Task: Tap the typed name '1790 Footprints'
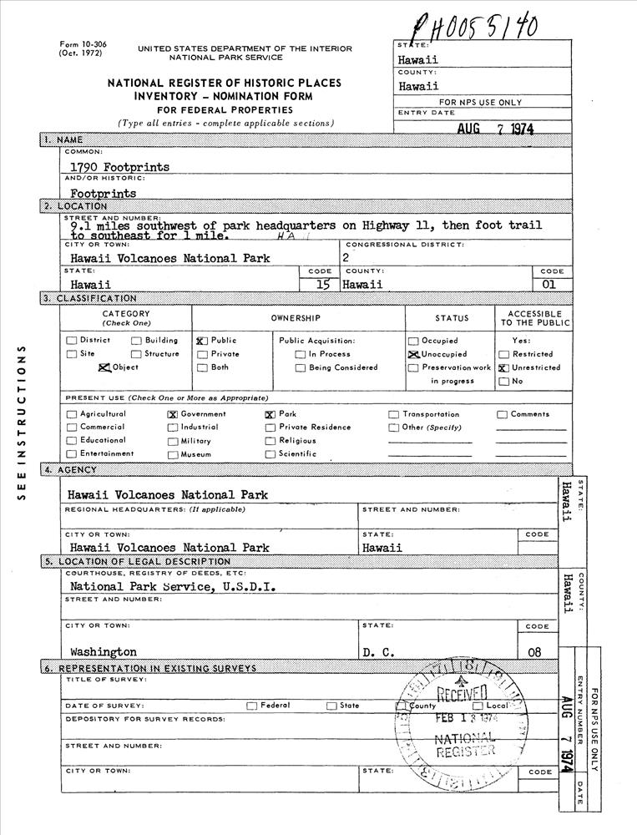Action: click(119, 167)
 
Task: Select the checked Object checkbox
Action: click(104, 367)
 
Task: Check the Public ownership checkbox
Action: click(201, 341)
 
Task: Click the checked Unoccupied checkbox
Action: click(412, 354)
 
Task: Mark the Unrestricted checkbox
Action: click(503, 367)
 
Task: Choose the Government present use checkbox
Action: click(173, 414)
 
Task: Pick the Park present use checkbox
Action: click(270, 414)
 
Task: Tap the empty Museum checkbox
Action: click(173, 454)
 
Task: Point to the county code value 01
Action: click(552, 285)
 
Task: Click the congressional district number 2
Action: click(346, 258)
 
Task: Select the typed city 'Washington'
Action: click(104, 651)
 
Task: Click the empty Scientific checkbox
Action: click(270, 454)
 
